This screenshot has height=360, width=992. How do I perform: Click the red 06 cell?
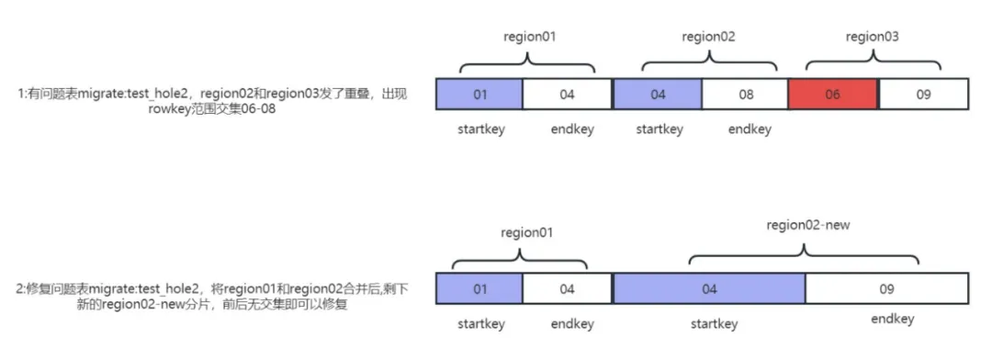point(832,94)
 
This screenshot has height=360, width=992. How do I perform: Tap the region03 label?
point(872,38)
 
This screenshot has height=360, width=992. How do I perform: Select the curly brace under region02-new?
point(804,255)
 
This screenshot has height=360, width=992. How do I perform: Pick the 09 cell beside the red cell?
point(923,94)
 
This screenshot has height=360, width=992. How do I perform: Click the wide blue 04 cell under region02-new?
point(709,289)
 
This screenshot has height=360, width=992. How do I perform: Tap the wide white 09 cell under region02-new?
point(886,289)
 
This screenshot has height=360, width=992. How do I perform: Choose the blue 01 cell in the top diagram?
point(479,94)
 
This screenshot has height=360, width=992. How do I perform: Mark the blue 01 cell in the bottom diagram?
point(479,289)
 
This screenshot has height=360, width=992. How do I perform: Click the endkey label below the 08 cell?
point(750,129)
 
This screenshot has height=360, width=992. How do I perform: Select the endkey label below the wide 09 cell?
point(892,319)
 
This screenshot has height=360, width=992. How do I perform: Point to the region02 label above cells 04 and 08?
point(708,38)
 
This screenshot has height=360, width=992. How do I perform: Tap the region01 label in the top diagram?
point(530,38)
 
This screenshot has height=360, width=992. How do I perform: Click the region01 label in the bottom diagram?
point(526,232)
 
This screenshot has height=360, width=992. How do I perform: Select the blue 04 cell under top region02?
point(658,94)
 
